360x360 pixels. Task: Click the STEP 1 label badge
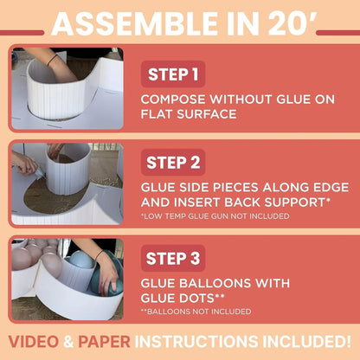[173, 74]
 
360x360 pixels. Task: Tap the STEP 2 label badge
[173, 163]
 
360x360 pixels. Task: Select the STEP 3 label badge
[173, 258]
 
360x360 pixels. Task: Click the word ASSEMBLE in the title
[134, 23]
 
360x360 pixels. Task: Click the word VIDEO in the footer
[34, 342]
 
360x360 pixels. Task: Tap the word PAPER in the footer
[104, 342]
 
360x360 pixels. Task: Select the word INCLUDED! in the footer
[306, 342]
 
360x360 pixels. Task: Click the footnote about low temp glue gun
[215, 216]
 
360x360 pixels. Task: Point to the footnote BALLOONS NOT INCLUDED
[196, 312]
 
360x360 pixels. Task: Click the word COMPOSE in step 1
[172, 100]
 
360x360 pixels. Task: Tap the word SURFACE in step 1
[207, 114]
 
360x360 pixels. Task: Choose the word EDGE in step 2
[331, 188]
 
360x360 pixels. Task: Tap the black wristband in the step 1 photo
[53, 61]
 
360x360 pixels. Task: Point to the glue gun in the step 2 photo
[38, 174]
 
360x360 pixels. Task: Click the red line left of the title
[22, 33]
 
